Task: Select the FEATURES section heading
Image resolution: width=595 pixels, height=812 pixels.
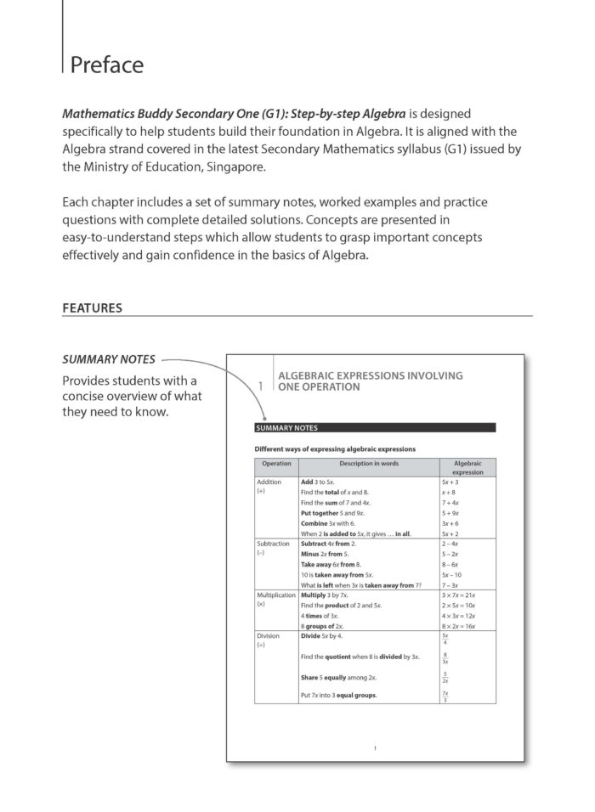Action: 92,307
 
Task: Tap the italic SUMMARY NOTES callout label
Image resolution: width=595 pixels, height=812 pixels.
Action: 109,359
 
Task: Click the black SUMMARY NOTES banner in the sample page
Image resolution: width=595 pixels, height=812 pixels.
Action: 374,427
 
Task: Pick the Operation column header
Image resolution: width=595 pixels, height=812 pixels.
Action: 276,464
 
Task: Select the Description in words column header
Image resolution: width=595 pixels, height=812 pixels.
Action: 368,464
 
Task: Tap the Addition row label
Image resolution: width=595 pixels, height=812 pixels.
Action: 269,482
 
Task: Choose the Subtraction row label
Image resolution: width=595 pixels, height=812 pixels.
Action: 274,543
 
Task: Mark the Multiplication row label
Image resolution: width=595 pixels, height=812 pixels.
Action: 275,596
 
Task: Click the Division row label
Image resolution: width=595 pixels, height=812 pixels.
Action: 269,635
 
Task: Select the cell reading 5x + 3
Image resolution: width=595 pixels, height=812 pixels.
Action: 450,482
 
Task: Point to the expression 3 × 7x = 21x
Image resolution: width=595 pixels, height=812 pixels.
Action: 459,596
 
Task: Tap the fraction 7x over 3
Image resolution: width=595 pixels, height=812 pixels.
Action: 445,695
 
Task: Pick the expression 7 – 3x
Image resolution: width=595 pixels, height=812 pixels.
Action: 450,585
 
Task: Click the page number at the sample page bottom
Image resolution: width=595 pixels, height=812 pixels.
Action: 374,747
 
